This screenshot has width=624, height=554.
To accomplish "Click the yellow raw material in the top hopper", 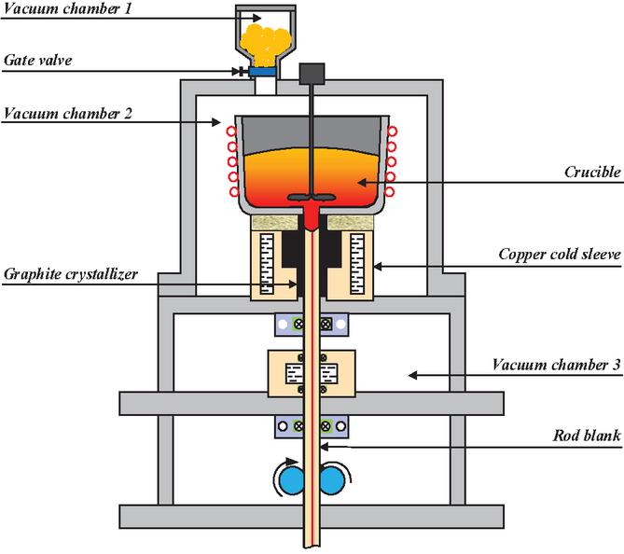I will (x=266, y=39).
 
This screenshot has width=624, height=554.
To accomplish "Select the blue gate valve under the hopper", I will (x=265, y=71).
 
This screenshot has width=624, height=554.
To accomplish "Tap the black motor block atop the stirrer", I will (x=312, y=73).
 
